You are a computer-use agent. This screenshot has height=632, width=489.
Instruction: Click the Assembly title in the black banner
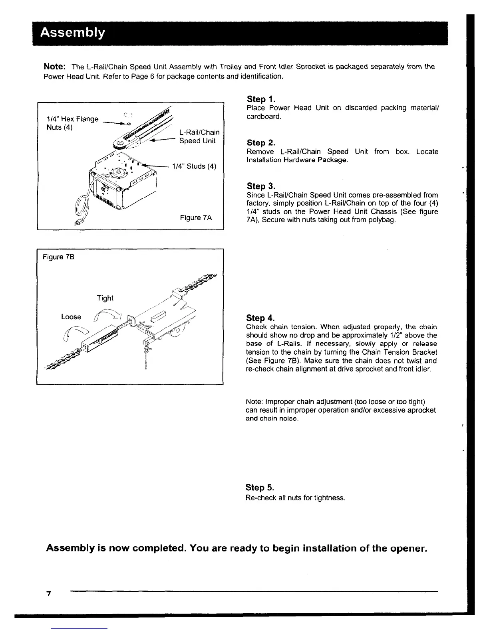(72, 32)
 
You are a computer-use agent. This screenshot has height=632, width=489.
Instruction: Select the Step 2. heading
(262, 143)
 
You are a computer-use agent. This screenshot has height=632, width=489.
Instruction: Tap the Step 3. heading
(262, 186)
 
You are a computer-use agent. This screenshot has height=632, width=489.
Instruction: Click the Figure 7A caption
(196, 217)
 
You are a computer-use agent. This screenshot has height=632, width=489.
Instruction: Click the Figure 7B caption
(58, 257)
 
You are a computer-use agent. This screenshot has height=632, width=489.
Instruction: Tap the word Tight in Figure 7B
(105, 298)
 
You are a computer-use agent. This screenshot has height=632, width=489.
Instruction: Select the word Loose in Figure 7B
(71, 317)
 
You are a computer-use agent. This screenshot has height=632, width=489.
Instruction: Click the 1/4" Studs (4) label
(194, 166)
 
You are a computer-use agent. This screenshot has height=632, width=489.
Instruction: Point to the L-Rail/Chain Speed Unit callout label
(199, 136)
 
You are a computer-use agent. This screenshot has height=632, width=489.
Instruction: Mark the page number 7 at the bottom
(49, 594)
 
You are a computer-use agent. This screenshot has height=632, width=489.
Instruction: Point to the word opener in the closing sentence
(405, 548)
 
